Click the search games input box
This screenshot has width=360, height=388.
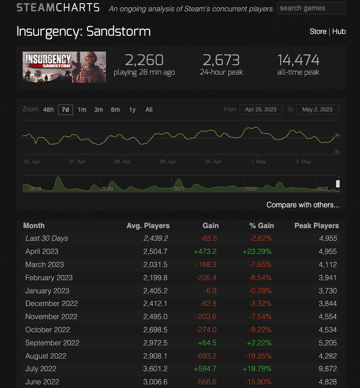(x=311, y=8)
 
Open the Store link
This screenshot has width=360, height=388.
(x=318, y=31)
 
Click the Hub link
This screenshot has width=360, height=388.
(x=339, y=31)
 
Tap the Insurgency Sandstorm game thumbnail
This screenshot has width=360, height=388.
(x=64, y=67)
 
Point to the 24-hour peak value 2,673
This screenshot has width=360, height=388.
(x=221, y=60)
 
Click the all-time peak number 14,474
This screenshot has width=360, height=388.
(x=298, y=60)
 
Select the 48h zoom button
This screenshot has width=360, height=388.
(x=48, y=110)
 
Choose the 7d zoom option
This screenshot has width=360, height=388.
(x=65, y=110)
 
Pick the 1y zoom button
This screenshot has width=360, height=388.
(x=132, y=110)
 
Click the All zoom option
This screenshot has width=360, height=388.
(x=149, y=110)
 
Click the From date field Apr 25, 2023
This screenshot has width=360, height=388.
(x=260, y=110)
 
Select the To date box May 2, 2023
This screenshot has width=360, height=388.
(x=317, y=110)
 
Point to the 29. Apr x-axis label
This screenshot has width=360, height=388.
(x=168, y=162)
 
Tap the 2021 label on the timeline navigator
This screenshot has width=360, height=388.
(x=179, y=189)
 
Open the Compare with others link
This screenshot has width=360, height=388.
(x=303, y=205)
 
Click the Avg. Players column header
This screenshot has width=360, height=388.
(x=148, y=225)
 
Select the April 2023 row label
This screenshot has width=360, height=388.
(x=42, y=251)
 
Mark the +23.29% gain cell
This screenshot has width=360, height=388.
(x=256, y=251)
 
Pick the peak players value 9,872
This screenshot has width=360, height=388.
(x=329, y=369)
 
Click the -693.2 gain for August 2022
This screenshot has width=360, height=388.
(x=207, y=356)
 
